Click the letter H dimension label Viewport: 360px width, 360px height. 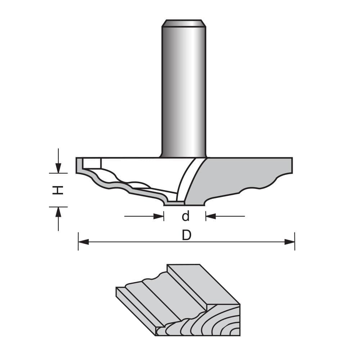(x=58, y=190)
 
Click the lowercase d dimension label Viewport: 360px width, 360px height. (x=185, y=216)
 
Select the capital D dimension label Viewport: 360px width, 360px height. (x=186, y=235)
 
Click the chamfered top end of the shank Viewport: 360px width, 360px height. (x=184, y=23)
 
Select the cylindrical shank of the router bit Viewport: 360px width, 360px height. (x=184, y=90)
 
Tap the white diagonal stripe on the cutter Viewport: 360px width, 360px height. (x=187, y=178)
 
